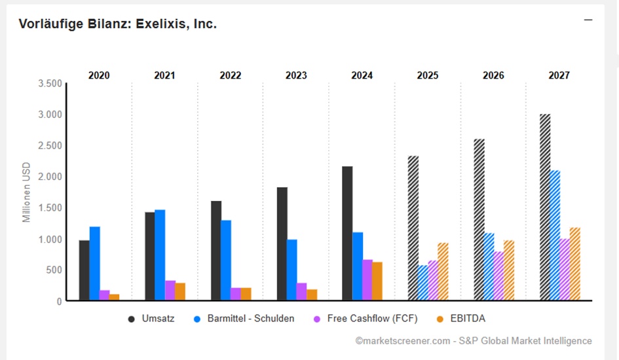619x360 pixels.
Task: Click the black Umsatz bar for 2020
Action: point(84,270)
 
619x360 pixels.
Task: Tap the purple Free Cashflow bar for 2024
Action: point(367,280)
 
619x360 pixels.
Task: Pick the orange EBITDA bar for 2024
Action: point(377,281)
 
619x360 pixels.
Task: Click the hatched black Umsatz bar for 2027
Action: point(545,207)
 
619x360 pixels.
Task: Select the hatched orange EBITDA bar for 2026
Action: point(509,270)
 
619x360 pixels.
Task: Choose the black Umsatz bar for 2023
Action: point(282,243)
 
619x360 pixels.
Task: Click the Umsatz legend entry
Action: point(151,319)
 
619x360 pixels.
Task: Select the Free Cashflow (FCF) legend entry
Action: point(369,319)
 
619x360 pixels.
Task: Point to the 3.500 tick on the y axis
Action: point(50,84)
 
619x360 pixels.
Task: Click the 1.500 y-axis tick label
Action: point(50,208)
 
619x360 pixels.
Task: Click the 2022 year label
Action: point(231,75)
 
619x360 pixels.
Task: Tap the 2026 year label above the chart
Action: point(493,75)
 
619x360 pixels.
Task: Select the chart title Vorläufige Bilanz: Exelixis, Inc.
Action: point(118,24)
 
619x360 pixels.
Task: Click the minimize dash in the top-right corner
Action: point(588,20)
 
